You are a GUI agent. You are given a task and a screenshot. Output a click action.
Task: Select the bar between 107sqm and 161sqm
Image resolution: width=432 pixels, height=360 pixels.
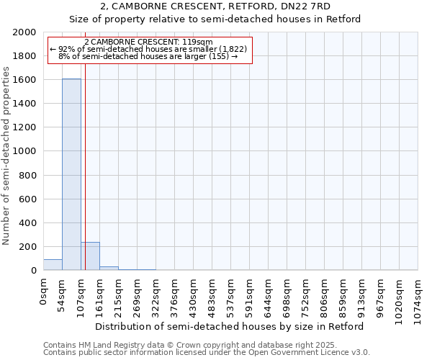[x=90, y=256]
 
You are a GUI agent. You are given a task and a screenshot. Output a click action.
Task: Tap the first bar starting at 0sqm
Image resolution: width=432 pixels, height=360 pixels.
[x=53, y=265]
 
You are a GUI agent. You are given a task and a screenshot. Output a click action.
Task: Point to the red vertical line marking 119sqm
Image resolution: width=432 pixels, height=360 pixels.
[x=85, y=166]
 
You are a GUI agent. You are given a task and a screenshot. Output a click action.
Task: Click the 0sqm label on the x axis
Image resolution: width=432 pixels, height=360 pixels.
[x=44, y=292]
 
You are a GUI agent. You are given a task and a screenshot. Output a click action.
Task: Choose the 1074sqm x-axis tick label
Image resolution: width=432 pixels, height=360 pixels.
[x=418, y=297]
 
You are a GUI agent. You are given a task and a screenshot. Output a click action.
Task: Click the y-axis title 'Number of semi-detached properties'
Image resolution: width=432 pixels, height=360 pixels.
[x=6, y=156]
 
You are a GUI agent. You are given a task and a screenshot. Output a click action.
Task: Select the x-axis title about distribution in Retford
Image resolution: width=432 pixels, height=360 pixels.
[x=230, y=326]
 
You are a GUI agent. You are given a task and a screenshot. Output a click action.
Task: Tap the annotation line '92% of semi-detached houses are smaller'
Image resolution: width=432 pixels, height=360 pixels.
[x=150, y=48]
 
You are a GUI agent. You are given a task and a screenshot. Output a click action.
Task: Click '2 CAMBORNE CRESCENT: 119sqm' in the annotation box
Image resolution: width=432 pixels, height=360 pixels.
[x=148, y=42]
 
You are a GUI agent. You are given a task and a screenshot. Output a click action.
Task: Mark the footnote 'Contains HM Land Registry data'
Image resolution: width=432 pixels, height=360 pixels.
[x=108, y=345]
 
